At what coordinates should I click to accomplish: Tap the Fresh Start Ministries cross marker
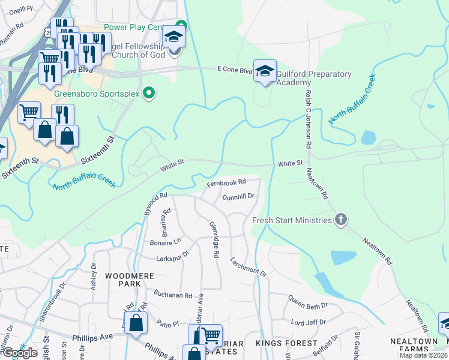tap(340, 220)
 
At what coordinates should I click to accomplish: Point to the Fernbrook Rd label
tap(227, 182)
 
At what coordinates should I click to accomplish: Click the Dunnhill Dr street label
tap(239, 196)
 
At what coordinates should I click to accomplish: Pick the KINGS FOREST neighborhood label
tap(286, 343)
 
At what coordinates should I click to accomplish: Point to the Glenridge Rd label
tap(214, 239)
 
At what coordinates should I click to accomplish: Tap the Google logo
tap(20, 353)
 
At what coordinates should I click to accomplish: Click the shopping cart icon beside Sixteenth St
tap(28, 112)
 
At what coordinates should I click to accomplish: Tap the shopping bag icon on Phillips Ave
tap(137, 322)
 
